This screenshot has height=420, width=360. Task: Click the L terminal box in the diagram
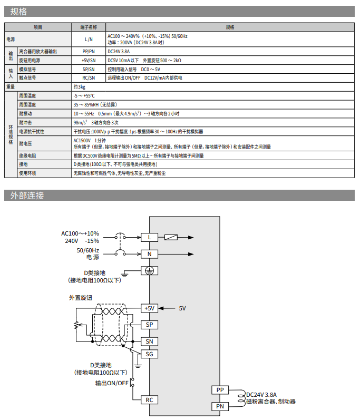point(150,237)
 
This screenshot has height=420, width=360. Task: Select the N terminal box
point(150,254)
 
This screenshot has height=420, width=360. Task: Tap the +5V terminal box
point(150,308)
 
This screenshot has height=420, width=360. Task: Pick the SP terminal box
point(150,325)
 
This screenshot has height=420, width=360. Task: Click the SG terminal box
point(150,354)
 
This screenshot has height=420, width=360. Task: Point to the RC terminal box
point(150,400)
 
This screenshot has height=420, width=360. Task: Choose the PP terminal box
point(220,390)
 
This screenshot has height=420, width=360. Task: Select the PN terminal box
point(220,406)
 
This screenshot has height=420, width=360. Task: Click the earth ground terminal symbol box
point(150,271)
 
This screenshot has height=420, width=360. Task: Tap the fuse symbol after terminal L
point(171,237)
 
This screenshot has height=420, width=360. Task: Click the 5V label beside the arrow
point(182,308)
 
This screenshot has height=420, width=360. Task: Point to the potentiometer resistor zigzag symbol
point(77,325)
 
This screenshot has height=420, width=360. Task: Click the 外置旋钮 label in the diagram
point(81,298)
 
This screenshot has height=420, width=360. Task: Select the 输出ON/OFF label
point(112,383)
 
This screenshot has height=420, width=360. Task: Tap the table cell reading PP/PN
point(89,52)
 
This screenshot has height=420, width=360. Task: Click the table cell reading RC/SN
point(89,78)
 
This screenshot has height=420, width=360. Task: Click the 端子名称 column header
point(89,27)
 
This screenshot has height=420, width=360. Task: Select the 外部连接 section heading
point(27,196)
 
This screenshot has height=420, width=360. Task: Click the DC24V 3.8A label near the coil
point(261,395)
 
